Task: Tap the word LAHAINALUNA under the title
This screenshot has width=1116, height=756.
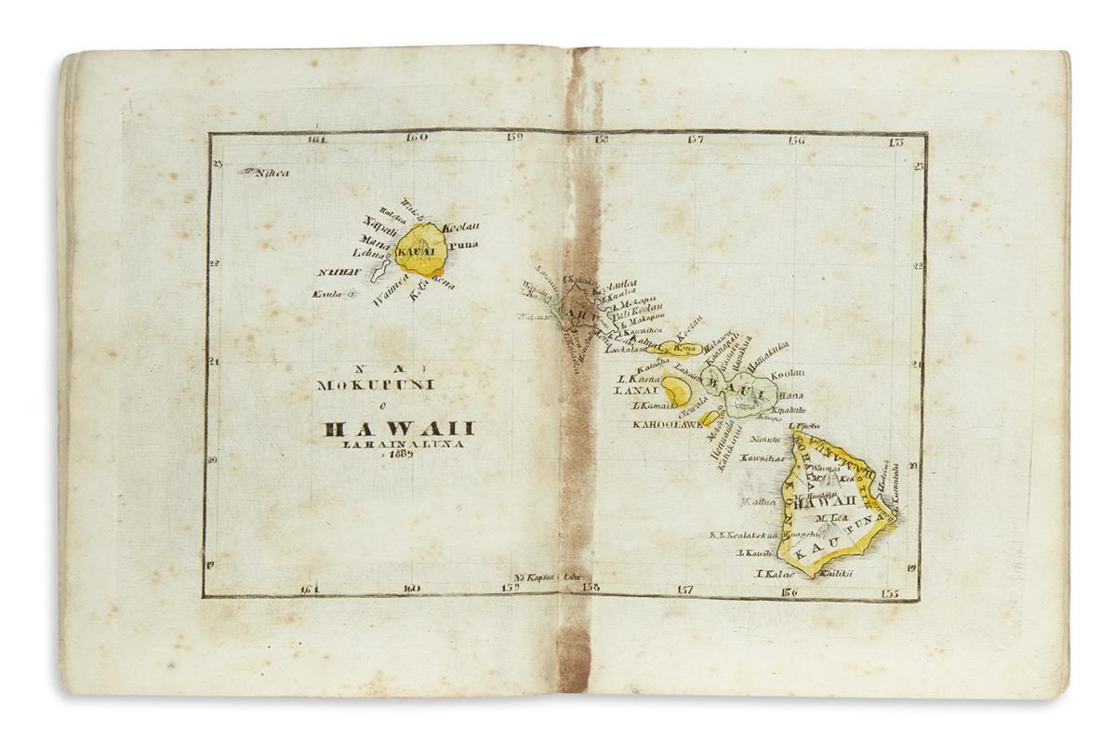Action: (x=394, y=444)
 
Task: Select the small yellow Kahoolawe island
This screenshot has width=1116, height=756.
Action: (x=711, y=419)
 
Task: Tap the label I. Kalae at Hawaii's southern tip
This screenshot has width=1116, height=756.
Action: (x=770, y=577)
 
